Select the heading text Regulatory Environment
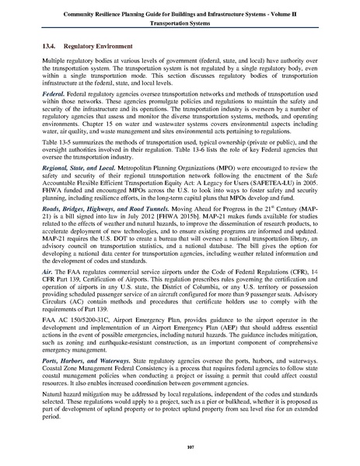pyautogui.click(x=105, y=46)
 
